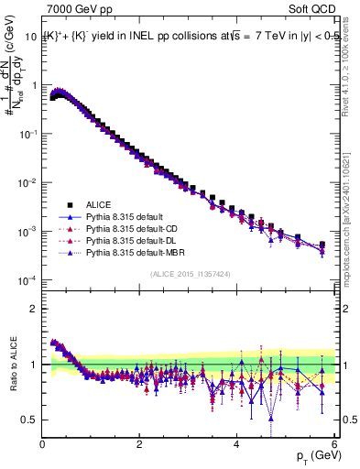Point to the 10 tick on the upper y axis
coord(31,37)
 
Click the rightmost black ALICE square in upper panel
coord(322,245)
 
